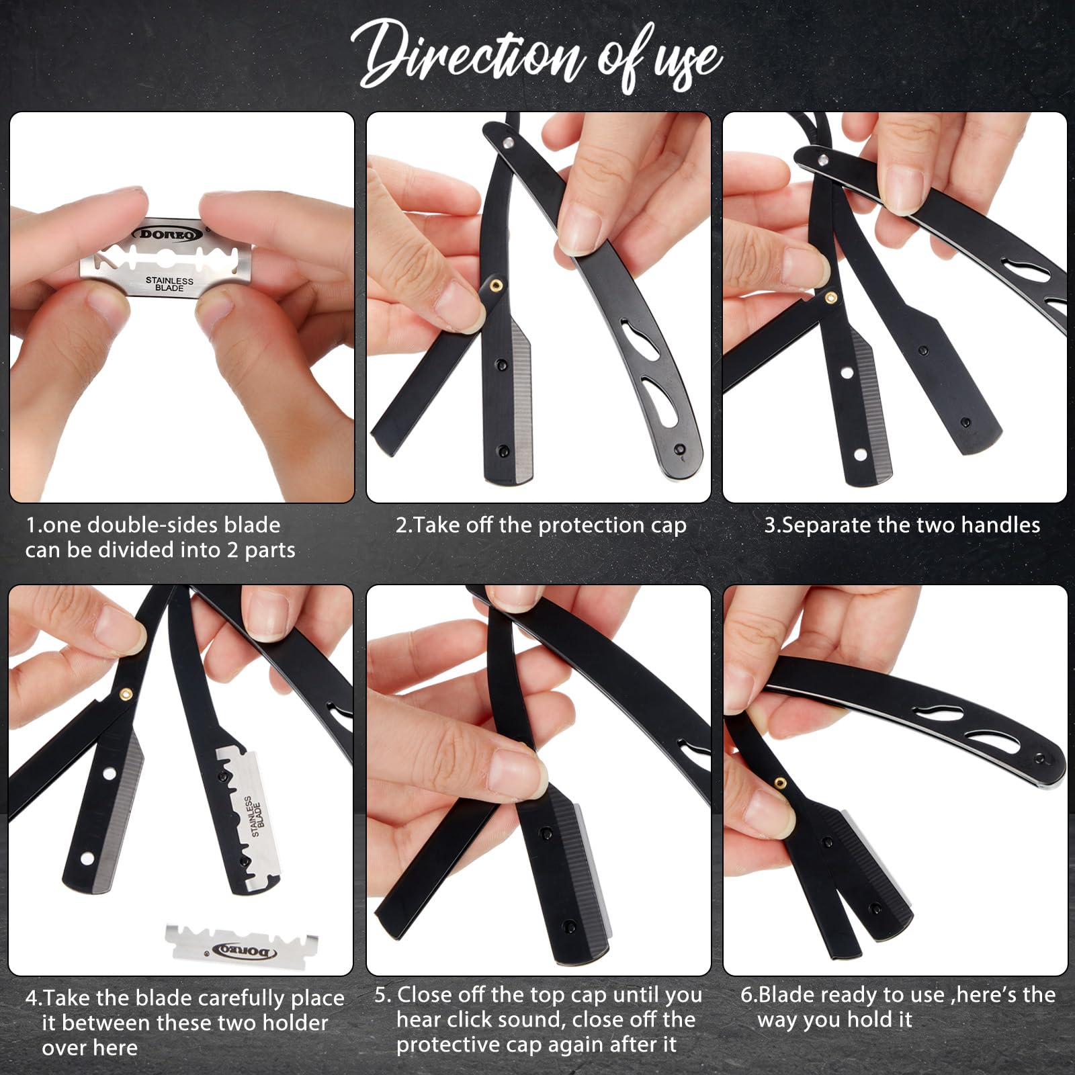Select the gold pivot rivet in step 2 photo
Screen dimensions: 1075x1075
click(x=496, y=285)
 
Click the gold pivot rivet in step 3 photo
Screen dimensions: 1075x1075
click(x=830, y=296)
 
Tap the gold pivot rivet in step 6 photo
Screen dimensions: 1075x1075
click(x=780, y=782)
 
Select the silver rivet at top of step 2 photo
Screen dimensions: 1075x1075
click(x=509, y=142)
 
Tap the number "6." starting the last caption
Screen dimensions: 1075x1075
click(x=749, y=995)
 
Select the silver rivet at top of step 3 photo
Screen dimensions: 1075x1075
click(x=822, y=159)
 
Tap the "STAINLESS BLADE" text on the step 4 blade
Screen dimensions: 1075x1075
click(x=255, y=816)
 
